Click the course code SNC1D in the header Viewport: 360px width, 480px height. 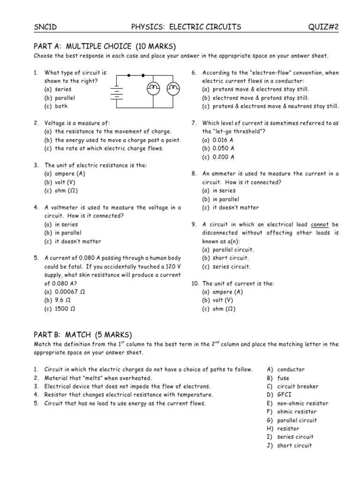45,27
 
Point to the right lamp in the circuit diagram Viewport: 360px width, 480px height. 173,88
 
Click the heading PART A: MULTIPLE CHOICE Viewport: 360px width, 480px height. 105,46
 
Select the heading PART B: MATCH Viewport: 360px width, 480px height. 82,334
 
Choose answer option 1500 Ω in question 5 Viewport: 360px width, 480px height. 60,309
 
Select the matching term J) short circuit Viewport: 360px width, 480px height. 289,445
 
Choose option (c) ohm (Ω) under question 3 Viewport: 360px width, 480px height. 61,191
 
